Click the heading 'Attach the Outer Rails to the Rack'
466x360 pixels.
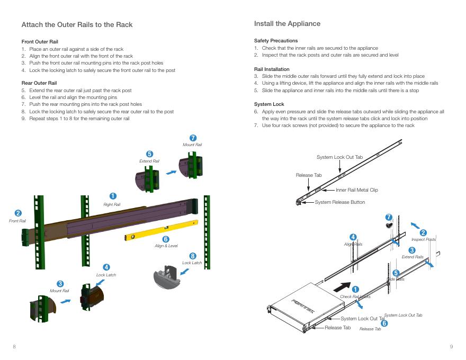[77, 25]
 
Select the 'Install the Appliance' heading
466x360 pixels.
[287, 24]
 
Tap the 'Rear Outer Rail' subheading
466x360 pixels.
[39, 83]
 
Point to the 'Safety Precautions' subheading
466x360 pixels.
[276, 41]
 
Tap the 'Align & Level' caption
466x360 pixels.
[166, 246]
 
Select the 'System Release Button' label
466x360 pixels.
[339, 202]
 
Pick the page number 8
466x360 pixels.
[14, 346]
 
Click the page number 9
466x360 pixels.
[451, 346]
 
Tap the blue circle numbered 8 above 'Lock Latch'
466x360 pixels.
[193, 256]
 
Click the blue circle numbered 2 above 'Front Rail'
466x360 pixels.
[18, 213]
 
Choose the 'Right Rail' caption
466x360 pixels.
[112, 204]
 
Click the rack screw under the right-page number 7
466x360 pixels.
[389, 225]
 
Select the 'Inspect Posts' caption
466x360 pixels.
[424, 240]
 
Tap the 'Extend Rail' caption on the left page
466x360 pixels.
[149, 161]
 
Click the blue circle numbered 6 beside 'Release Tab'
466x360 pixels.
[384, 323]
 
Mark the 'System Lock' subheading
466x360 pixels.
[269, 104]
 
